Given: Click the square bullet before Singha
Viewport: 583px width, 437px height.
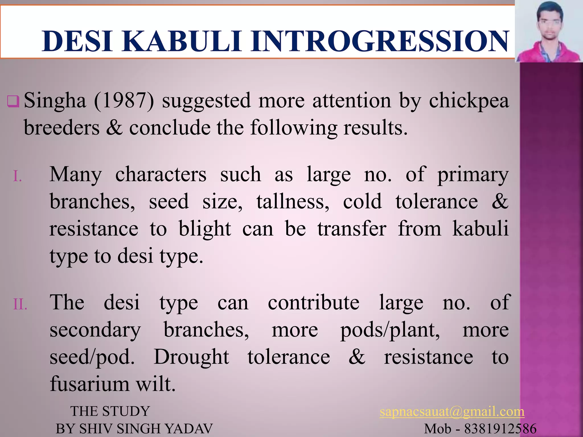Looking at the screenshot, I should pos(13,102).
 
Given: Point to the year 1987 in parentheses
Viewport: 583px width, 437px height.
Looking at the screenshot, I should pos(124,101).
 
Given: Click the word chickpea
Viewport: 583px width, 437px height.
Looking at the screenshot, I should pos(469,101).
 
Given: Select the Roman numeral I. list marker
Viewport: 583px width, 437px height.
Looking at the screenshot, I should pos(18,177).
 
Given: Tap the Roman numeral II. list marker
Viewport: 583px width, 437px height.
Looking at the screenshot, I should pos(20,305).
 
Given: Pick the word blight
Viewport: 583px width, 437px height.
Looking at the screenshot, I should pos(204,229).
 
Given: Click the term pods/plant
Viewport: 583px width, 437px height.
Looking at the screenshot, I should pos(390,331).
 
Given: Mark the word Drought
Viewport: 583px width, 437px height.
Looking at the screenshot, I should pos(191,357).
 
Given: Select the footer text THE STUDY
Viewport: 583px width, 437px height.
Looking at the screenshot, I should pos(110,411).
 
